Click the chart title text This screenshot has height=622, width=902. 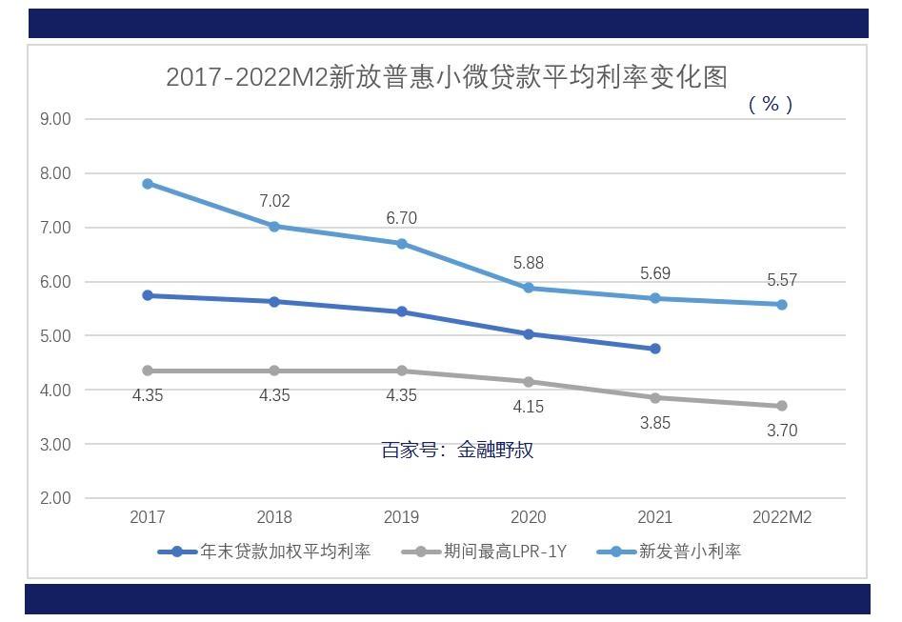446,77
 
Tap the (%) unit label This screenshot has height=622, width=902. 771,104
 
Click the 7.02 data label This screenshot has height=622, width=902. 274,201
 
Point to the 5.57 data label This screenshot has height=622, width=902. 782,280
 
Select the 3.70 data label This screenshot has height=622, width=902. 782,431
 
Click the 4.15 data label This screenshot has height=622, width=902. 529,407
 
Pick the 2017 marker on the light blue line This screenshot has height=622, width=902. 148,184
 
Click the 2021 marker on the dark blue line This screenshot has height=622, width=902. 655,349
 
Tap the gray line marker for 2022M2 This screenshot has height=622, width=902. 782,406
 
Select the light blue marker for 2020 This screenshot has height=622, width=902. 529,288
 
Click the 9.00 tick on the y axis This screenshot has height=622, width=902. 55,119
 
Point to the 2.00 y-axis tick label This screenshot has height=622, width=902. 55,498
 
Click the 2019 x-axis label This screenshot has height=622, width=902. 401,517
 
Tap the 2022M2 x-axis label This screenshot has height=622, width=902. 782,517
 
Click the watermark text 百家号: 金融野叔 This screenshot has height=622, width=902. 457,450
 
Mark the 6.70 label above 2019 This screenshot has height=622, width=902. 401,218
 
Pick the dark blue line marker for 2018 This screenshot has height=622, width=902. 274,302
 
